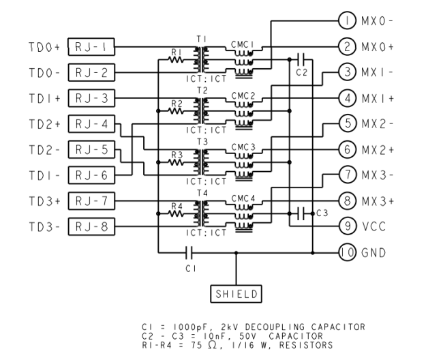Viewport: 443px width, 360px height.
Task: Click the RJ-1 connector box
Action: (x=91, y=47)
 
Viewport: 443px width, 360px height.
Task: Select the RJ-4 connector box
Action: (x=91, y=124)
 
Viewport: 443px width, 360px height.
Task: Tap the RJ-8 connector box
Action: (x=91, y=226)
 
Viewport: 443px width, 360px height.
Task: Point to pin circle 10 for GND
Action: (x=346, y=253)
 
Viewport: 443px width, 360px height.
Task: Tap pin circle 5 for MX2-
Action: (x=346, y=123)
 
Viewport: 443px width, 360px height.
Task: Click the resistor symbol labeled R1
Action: (x=175, y=60)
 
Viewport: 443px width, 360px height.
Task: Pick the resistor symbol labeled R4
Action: (x=175, y=213)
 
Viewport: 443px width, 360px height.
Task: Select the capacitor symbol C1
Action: (x=190, y=253)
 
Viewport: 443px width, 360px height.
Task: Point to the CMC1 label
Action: (x=243, y=45)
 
